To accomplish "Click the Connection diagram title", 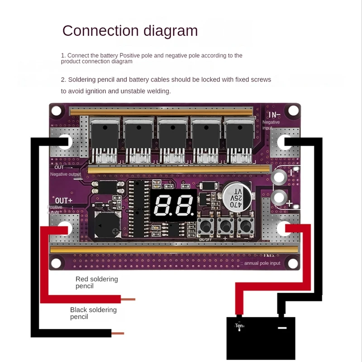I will pos(130,31).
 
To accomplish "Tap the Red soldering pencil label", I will pos(96,282).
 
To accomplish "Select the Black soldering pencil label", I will pos(93,313).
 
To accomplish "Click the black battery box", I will pos(261,337).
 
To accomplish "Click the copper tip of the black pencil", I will pos(118,333).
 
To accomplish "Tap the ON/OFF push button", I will pos(205,226).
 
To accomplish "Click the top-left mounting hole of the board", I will pos(56,110).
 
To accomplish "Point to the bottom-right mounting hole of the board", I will pos(293,262).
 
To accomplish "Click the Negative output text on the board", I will pos(66,174).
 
